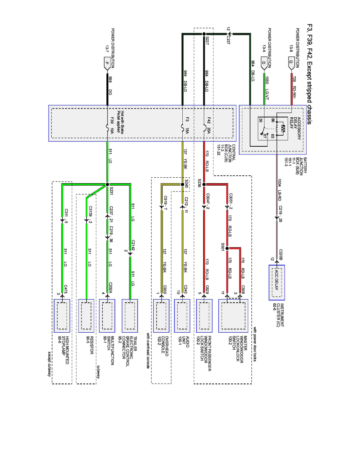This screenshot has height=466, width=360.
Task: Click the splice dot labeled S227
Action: click(x=204, y=34)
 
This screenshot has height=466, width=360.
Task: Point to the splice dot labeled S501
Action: click(x=227, y=248)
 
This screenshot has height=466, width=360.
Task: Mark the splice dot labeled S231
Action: click(x=107, y=184)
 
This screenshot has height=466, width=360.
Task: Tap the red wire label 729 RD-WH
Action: click(x=295, y=84)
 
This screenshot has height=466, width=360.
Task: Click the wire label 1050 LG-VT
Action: click(x=267, y=84)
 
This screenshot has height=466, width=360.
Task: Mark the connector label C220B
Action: click(x=281, y=254)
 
